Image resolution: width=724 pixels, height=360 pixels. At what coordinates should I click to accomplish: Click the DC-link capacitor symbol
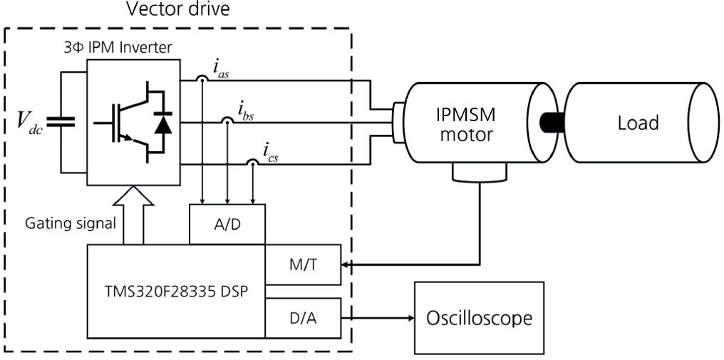[61, 123]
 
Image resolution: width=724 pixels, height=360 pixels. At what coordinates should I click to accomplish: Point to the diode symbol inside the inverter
[163, 123]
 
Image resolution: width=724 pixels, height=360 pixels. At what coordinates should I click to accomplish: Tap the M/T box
[303, 264]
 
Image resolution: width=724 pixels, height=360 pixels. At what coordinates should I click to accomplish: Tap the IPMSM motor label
[465, 124]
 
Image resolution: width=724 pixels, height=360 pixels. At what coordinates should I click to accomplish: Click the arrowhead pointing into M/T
[347, 264]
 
